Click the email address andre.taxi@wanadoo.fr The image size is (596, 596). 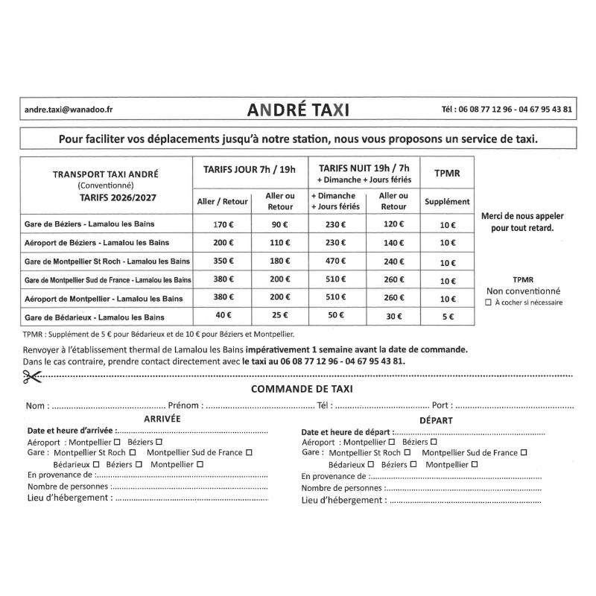point(69,109)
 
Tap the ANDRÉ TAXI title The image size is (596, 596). point(297,110)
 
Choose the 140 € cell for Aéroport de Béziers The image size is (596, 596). point(393,243)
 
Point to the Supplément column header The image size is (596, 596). point(447,201)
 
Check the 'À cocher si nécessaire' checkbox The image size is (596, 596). point(488,303)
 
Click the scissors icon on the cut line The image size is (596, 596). point(31,377)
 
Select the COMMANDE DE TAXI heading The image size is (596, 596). point(302,389)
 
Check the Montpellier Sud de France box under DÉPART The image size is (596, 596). point(524,452)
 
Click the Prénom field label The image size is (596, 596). point(185,406)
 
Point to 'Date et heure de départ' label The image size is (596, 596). point(346,432)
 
